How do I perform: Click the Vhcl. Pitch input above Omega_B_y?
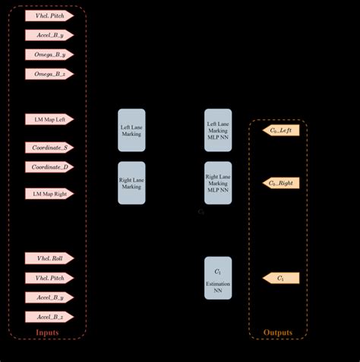tap(49, 15)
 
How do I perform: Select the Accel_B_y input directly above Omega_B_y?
tap(49, 35)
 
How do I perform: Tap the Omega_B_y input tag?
tap(49, 55)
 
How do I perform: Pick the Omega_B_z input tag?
tap(49, 74)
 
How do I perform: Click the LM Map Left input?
tap(49, 119)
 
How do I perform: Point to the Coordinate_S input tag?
tap(49, 148)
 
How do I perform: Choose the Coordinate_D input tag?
tap(49, 167)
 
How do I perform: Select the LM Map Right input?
tap(49, 194)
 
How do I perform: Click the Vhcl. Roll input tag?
tap(49, 259)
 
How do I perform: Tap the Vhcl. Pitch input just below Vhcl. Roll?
tap(49, 278)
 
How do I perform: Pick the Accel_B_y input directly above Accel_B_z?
tap(49, 297)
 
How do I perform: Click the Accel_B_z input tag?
tap(49, 316)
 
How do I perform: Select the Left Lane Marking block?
tap(131, 129)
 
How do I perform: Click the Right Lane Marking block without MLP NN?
tap(131, 183)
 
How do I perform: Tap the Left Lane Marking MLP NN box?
tap(218, 130)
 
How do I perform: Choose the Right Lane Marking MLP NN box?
tap(218, 183)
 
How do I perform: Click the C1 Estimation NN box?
tap(218, 278)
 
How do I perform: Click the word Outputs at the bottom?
tap(277, 332)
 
